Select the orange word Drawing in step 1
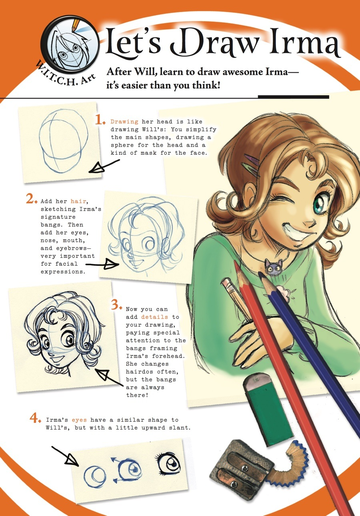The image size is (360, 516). [124, 122]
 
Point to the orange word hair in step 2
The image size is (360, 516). [78, 201]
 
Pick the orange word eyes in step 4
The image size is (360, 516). [79, 420]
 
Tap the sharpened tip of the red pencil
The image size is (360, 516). [235, 262]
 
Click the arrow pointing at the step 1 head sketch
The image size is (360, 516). [104, 167]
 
